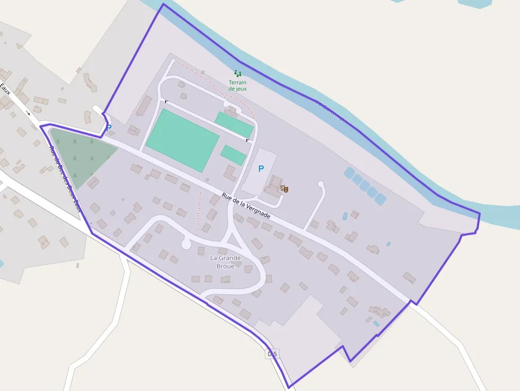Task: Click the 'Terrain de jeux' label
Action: [x=238, y=85]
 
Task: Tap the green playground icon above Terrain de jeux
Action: [x=238, y=74]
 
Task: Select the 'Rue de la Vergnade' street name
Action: [x=246, y=206]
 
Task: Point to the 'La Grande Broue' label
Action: [x=226, y=262]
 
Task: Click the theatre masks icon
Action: [x=284, y=188]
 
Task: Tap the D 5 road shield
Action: [x=272, y=353]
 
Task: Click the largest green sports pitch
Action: [x=182, y=140]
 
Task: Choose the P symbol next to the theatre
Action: [x=261, y=169]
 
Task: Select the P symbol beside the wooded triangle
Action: [x=109, y=127]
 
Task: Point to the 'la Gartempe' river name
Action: [x=330, y=111]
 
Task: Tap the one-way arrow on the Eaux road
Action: [x=28, y=112]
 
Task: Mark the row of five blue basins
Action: [x=365, y=186]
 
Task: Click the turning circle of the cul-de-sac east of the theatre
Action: [x=320, y=185]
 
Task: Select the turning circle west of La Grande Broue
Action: [x=186, y=244]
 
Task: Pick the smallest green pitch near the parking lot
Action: [x=233, y=155]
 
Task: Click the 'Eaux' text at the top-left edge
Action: [x=5, y=88]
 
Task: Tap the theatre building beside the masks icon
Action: [x=274, y=186]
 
